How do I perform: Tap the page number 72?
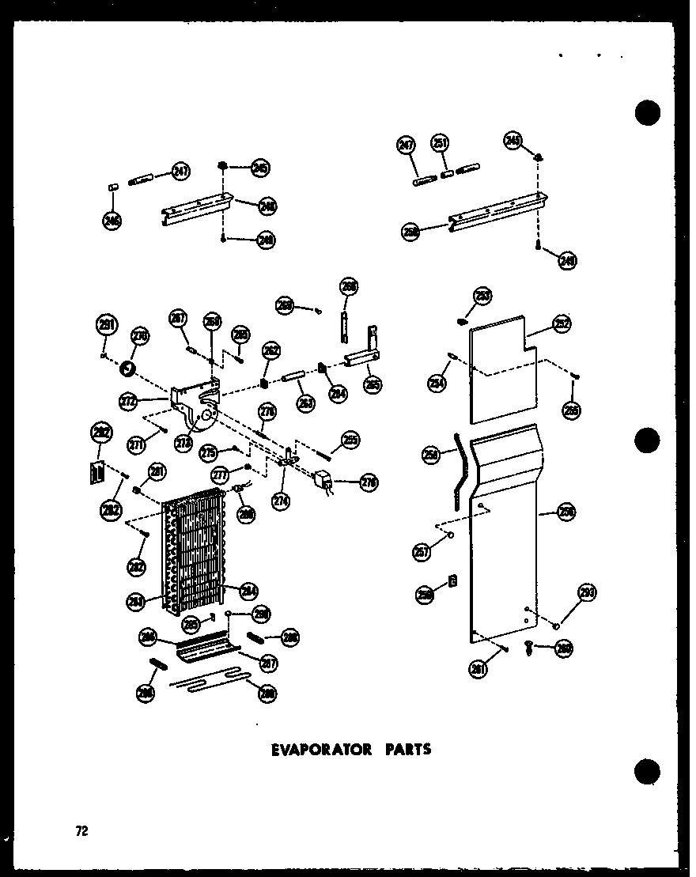point(81,830)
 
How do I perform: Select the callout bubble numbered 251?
point(440,144)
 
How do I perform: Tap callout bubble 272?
point(129,402)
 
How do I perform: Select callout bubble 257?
point(422,551)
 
